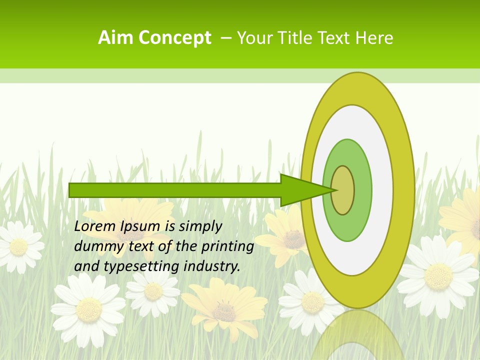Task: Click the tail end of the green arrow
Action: (x=70, y=190)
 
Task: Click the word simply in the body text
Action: (x=199, y=227)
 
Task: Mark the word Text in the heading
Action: (x=336, y=38)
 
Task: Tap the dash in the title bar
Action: (x=225, y=37)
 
